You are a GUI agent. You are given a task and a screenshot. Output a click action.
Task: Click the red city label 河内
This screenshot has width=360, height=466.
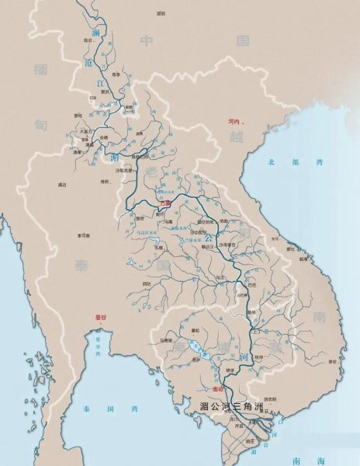[232, 121]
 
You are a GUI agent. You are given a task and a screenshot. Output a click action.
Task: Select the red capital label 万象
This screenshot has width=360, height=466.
[164, 203]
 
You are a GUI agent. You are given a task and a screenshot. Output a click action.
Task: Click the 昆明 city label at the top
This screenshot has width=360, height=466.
[161, 14]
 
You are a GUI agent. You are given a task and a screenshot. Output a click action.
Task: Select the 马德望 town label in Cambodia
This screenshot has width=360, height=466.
[166, 340]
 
